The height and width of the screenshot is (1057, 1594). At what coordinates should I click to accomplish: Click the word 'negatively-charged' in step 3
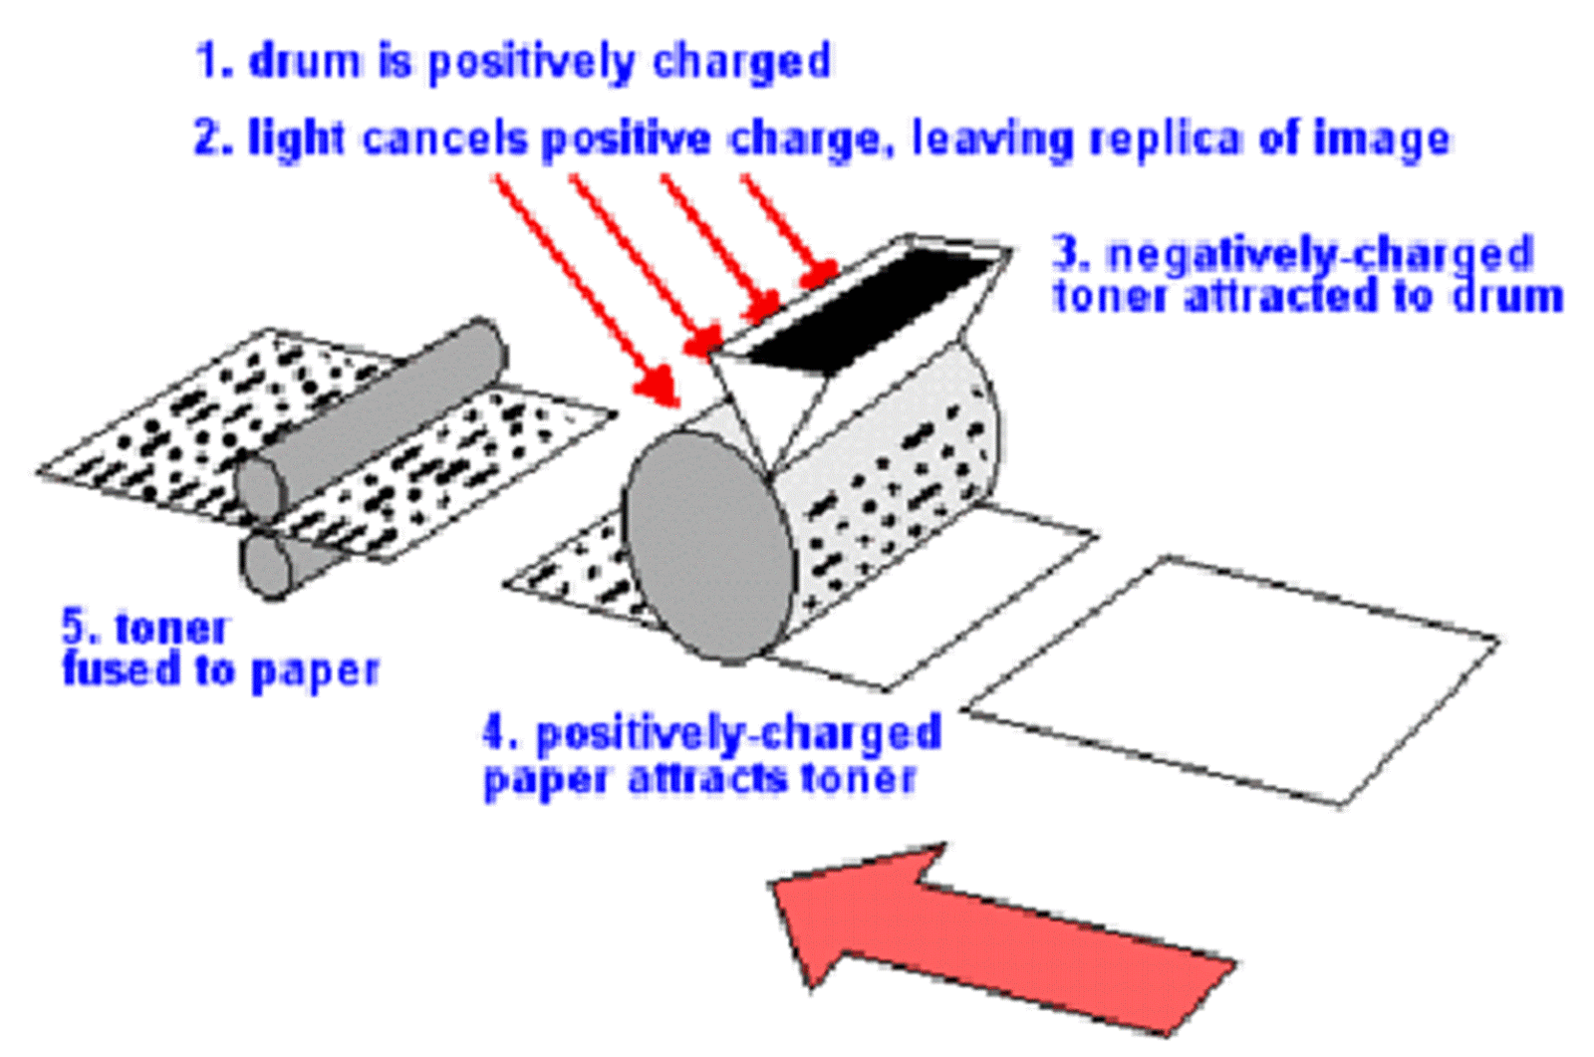pos(1320,255)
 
